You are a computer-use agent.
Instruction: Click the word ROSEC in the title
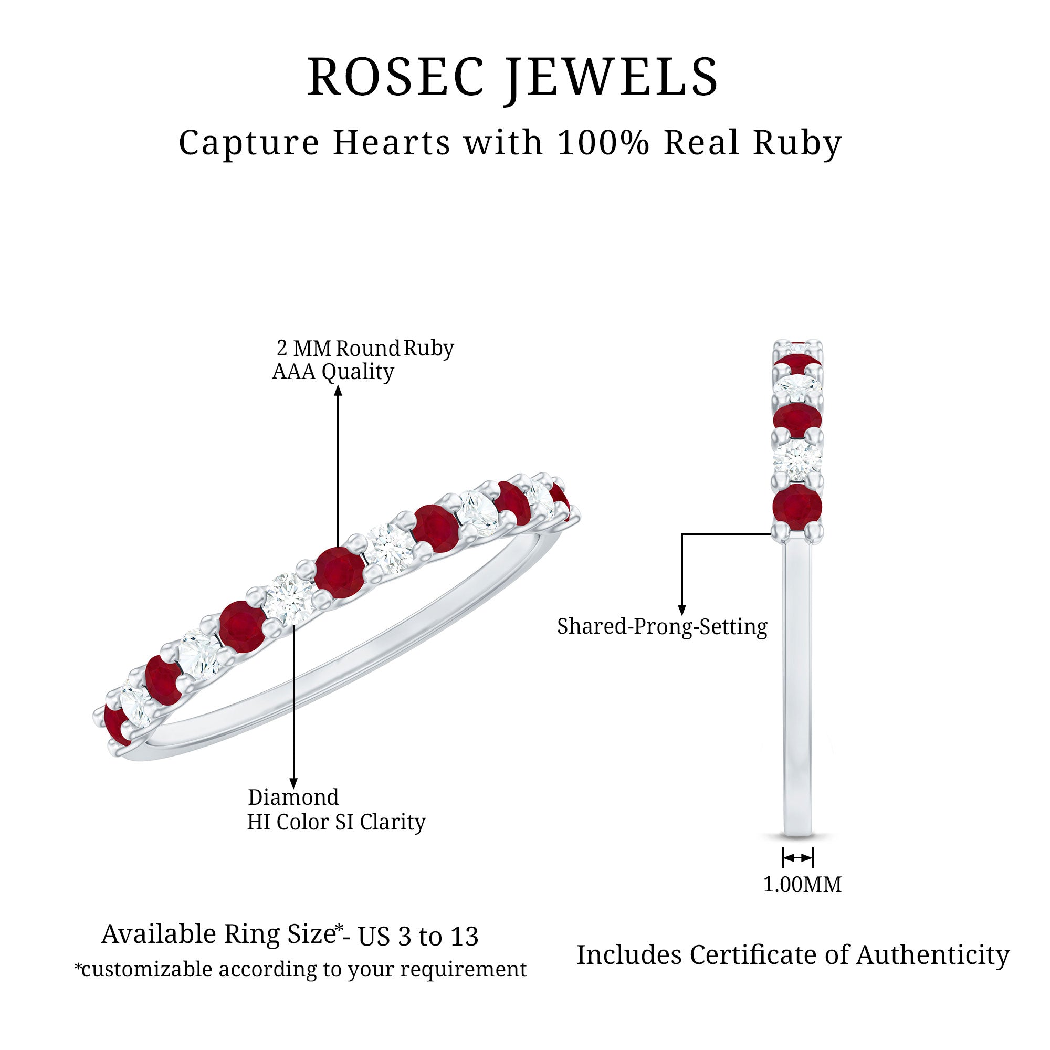(x=396, y=77)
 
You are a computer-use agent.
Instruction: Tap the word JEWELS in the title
(x=613, y=77)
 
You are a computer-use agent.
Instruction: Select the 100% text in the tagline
(x=603, y=143)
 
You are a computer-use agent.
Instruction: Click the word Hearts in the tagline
(x=392, y=143)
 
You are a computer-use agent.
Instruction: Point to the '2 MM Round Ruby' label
(x=365, y=349)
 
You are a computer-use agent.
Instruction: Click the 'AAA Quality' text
(x=333, y=372)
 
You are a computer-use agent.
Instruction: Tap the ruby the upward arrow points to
(x=340, y=573)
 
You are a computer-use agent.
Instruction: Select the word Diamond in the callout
(x=293, y=798)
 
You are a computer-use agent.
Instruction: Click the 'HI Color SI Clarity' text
(x=336, y=822)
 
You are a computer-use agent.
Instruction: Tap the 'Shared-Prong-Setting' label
(x=662, y=627)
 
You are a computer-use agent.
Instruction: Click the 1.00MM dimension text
(x=802, y=884)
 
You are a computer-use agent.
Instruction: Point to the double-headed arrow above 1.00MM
(x=798, y=858)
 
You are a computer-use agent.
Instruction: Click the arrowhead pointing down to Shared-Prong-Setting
(x=682, y=611)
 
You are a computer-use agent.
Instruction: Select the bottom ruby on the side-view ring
(x=797, y=507)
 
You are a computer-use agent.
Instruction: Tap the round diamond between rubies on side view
(x=797, y=461)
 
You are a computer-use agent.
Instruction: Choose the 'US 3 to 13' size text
(x=418, y=937)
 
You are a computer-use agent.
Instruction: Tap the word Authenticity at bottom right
(x=932, y=954)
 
